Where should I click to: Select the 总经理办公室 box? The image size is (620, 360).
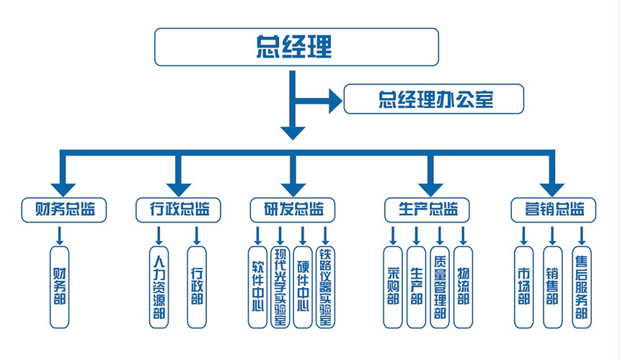[x=433, y=99]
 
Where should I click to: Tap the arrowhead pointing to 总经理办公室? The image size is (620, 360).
[x=332, y=99]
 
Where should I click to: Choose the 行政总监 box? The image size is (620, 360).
[x=178, y=210]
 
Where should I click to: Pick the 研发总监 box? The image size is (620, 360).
[x=291, y=210]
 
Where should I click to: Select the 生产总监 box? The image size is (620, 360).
[x=428, y=210]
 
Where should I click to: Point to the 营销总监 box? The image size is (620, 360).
[x=554, y=210]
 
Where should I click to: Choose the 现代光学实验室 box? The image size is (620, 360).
[x=280, y=287]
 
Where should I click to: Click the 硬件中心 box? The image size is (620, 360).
[x=303, y=287]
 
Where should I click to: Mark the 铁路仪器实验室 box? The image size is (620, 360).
[x=326, y=287]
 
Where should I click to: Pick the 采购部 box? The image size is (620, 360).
[x=394, y=287]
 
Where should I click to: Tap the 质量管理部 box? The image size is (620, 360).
[x=440, y=287]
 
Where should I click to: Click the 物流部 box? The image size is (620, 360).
[x=463, y=287]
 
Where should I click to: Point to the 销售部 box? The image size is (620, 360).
[x=552, y=287]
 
